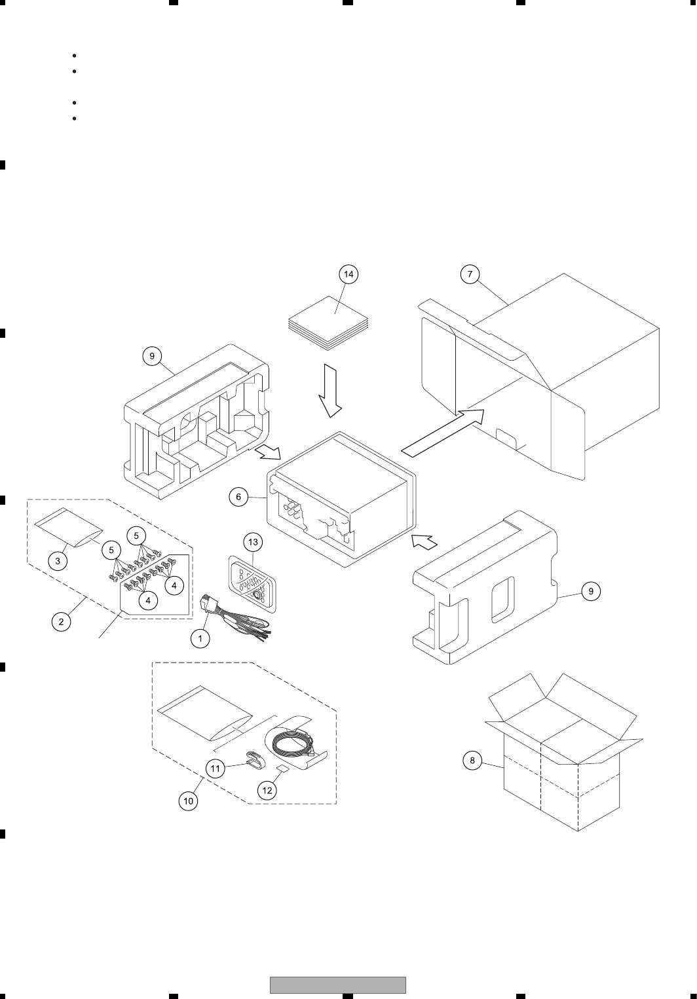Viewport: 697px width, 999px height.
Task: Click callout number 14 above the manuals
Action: (x=349, y=274)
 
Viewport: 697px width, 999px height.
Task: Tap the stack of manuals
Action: (x=330, y=321)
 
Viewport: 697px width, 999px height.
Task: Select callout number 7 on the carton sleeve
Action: (x=470, y=274)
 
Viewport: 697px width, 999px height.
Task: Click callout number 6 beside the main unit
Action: (x=238, y=497)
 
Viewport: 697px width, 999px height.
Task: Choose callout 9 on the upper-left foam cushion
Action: (x=151, y=356)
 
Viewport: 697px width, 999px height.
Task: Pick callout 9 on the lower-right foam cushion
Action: (x=590, y=591)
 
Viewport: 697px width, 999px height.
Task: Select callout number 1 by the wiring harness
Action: (x=200, y=638)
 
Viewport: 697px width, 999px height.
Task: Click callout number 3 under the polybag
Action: (x=58, y=562)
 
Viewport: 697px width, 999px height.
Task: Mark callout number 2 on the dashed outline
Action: (x=61, y=621)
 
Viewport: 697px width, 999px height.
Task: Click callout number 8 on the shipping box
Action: (x=472, y=760)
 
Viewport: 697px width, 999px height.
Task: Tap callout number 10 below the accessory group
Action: (x=188, y=801)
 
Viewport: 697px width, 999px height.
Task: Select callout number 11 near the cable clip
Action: (x=216, y=769)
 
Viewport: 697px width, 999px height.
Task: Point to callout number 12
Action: (x=267, y=790)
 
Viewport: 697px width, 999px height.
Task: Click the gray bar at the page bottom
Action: (x=338, y=985)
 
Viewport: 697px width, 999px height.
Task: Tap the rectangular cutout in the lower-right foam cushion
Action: (x=502, y=599)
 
